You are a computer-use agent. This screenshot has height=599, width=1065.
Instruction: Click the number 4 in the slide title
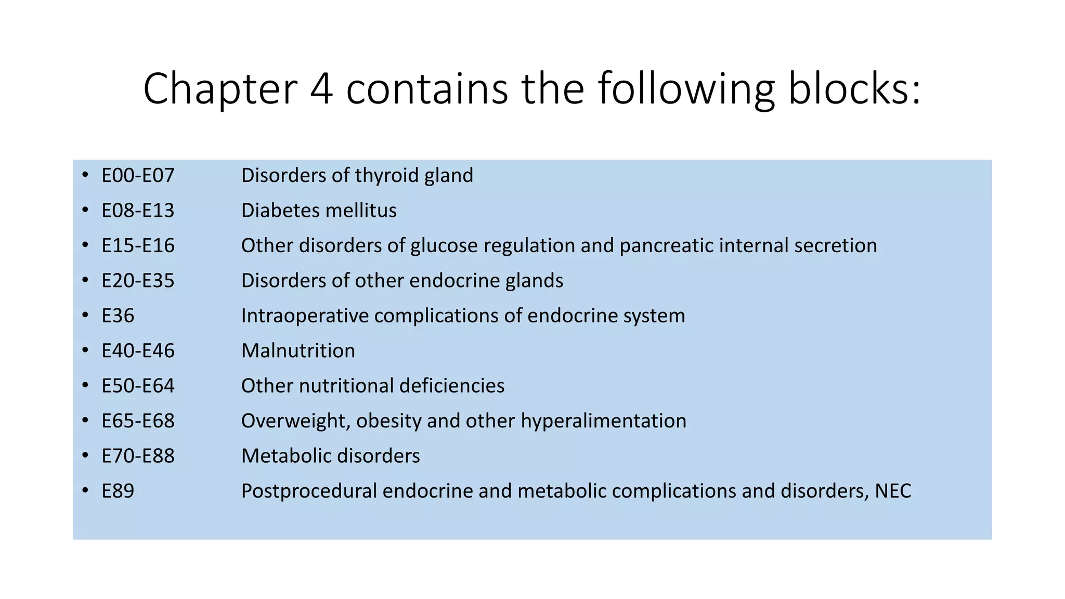coord(321,89)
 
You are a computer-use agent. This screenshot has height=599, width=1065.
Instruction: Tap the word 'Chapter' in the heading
coord(220,90)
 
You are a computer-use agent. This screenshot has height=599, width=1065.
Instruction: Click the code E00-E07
coord(138,176)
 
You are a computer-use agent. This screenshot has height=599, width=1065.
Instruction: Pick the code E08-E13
coord(138,211)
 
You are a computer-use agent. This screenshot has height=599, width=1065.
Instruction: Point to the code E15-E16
coord(138,246)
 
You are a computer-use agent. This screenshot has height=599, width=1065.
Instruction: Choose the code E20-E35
coord(138,281)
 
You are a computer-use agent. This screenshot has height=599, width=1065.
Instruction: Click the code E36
coord(118,316)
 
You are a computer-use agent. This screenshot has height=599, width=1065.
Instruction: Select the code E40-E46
coord(138,351)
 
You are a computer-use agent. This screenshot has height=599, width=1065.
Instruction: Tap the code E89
coord(118,491)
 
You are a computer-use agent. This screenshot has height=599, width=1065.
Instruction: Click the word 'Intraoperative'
coord(305,316)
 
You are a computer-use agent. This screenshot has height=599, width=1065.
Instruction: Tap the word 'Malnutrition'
coord(298,351)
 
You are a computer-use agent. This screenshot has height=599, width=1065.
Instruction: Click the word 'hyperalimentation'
coord(603,421)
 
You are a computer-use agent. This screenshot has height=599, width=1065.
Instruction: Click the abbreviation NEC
coord(893,491)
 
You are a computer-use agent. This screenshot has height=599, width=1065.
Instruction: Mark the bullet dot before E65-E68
coord(85,420)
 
